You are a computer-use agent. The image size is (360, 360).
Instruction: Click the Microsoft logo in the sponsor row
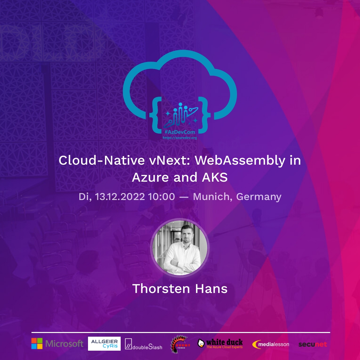57,344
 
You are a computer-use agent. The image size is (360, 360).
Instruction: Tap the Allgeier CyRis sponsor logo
104,344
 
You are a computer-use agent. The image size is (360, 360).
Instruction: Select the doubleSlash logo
143,344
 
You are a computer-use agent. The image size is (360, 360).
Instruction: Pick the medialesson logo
271,344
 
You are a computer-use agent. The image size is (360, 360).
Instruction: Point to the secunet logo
313,344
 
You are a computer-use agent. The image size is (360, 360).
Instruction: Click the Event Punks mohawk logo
180,344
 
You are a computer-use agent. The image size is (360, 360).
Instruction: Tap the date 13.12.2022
120,197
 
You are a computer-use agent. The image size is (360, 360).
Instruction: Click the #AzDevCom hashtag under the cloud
180,132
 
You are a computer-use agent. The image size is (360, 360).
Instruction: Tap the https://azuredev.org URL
180,137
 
